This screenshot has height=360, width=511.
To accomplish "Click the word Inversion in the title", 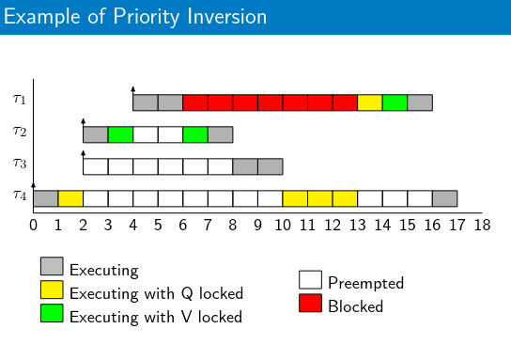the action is [x=226, y=16].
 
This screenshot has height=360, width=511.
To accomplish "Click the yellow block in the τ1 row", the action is [x=370, y=102].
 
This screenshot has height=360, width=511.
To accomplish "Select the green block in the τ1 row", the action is [x=395, y=102].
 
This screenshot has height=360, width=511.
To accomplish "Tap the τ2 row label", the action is [x=20, y=132].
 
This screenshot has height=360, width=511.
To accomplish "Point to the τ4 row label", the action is [x=20, y=196].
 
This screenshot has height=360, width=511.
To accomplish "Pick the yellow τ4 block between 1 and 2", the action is [x=70, y=198].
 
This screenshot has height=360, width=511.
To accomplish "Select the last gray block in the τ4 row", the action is [x=445, y=198].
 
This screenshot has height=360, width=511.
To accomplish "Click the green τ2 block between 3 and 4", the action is [x=120, y=134].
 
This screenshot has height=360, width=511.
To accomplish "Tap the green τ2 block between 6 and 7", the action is [x=195, y=134].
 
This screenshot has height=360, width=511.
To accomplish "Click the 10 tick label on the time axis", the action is [x=283, y=226].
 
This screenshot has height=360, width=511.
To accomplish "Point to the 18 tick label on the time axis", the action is [x=482, y=226].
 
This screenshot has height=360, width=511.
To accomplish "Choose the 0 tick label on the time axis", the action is [x=33, y=226].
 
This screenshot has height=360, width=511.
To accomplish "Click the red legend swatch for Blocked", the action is [x=310, y=303].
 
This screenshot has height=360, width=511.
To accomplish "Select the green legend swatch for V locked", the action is [x=52, y=313].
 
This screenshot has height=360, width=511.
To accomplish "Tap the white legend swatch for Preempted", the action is [x=310, y=280].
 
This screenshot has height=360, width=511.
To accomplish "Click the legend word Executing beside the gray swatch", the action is [x=104, y=271].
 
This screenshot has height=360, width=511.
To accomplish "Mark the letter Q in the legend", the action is [x=187, y=293].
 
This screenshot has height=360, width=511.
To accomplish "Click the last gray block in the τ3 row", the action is [x=271, y=166].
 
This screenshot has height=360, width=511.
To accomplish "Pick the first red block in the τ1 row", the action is [x=195, y=102].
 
